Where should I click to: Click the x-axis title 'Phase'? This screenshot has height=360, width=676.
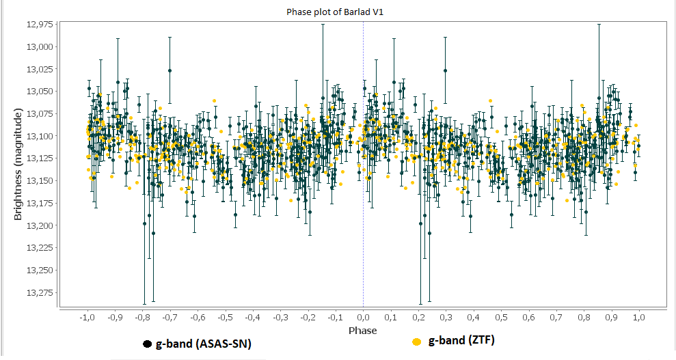362,331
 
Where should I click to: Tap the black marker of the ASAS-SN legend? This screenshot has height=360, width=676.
147,344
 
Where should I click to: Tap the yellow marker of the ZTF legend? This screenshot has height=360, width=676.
416,342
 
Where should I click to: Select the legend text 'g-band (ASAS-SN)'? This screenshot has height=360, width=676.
203,344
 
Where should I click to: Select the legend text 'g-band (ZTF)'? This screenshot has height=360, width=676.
461,341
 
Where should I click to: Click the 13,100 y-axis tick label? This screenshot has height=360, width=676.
38,136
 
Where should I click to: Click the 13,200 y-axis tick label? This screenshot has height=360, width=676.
38,225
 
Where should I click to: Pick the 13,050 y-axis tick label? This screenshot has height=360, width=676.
38,92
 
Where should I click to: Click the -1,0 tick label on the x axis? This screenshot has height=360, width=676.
87,318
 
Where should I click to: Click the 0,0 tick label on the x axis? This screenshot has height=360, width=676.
363,318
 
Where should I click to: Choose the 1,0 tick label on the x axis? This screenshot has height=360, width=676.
639,318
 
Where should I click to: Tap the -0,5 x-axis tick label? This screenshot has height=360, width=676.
225,318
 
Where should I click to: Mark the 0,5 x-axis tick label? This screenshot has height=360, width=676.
501,318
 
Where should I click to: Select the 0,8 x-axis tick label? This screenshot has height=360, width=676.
584,318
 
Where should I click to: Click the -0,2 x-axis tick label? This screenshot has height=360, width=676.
308,318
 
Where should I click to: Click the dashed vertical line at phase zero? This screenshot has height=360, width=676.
363,205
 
